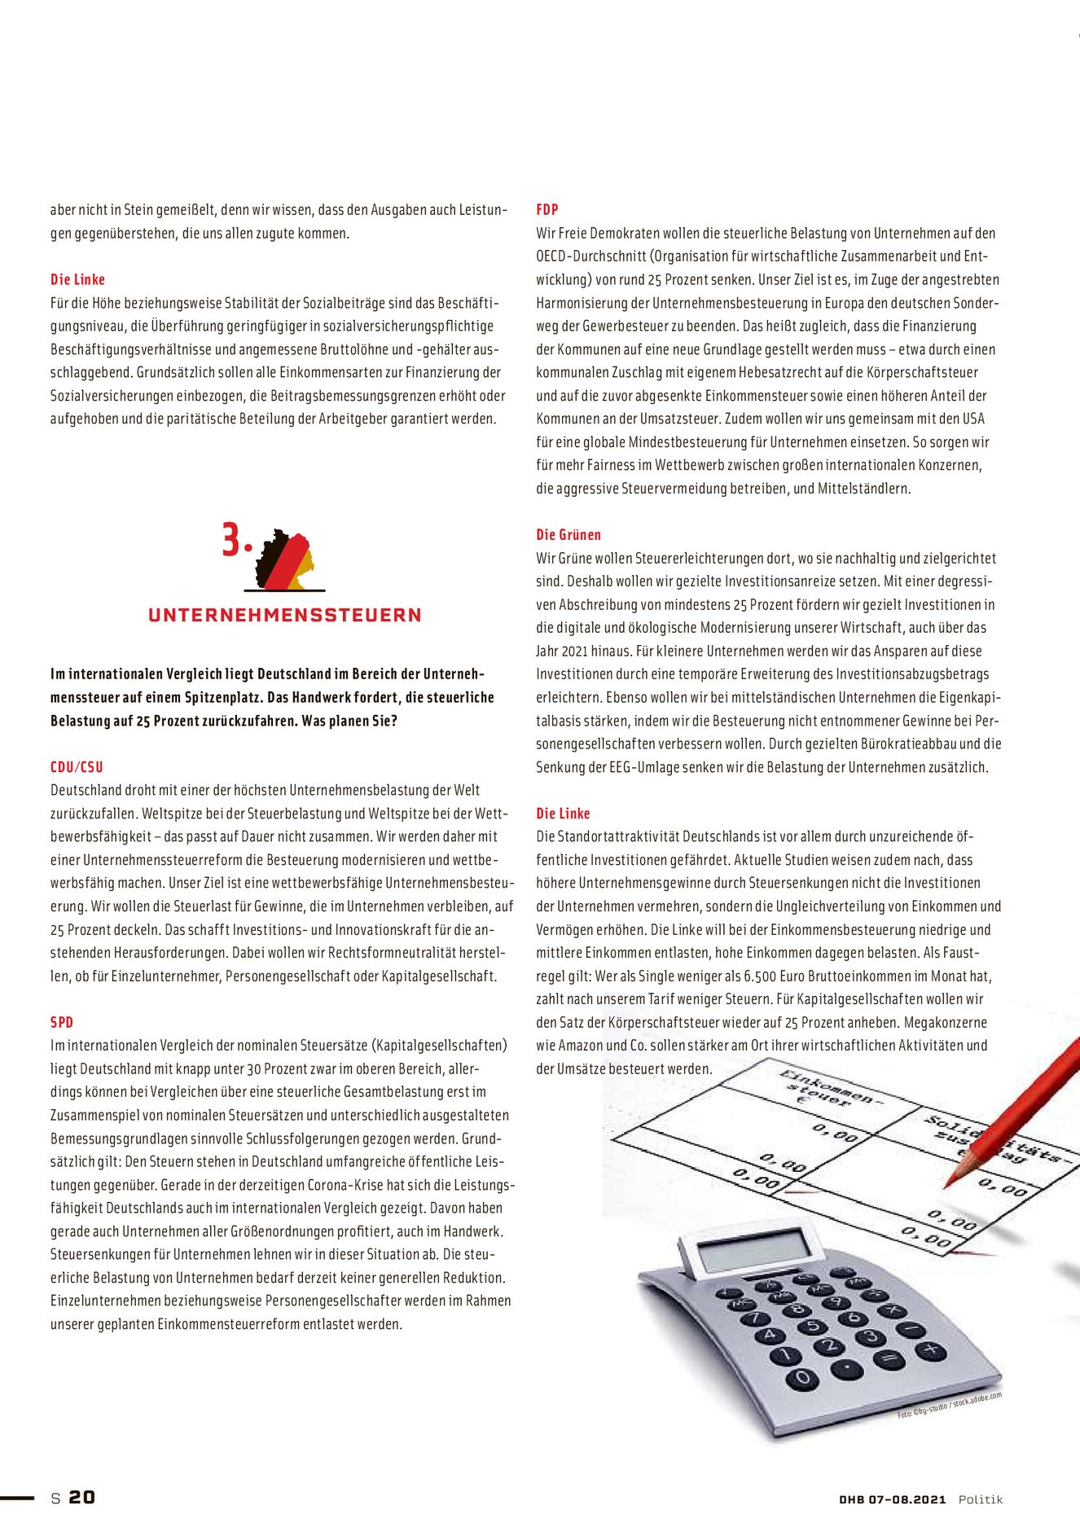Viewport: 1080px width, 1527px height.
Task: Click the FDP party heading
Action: pyautogui.click(x=547, y=209)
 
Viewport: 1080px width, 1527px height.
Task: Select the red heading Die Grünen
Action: pyautogui.click(x=569, y=535)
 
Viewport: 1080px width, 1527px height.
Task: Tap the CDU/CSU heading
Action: pyautogui.click(x=77, y=767)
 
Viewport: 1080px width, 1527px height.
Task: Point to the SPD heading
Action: pyautogui.click(x=62, y=1022)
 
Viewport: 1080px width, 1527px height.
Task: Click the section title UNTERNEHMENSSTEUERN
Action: pyautogui.click(x=285, y=616)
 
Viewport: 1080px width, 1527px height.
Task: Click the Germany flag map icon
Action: pyautogui.click(x=285, y=559)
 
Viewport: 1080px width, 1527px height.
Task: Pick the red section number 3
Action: pyautogui.click(x=234, y=542)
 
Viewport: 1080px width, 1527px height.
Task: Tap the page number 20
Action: pyautogui.click(x=81, y=1497)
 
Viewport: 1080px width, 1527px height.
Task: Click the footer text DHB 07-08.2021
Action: pyautogui.click(x=893, y=1499)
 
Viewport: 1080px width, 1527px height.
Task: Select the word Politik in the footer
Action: pyautogui.click(x=981, y=1499)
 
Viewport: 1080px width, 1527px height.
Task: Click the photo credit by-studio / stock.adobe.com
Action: pyautogui.click(x=950, y=1406)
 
